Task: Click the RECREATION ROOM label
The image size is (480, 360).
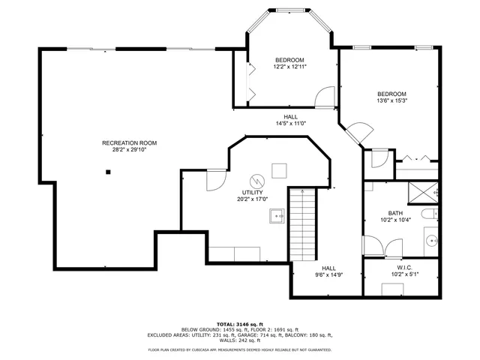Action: (130, 142)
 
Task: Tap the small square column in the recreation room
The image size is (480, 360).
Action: (109, 172)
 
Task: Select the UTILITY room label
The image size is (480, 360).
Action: (252, 193)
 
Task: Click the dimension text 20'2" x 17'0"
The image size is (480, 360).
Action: (252, 199)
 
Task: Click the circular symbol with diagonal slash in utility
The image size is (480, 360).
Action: (256, 181)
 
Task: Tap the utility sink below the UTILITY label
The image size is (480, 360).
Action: (276, 217)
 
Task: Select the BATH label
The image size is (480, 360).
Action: (395, 213)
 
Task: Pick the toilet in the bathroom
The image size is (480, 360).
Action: (430, 215)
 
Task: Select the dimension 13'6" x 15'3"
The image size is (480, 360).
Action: (391, 100)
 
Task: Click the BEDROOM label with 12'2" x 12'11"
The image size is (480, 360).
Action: (289, 60)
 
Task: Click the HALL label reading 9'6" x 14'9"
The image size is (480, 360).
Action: (328, 268)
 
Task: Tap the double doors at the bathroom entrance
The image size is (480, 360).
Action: (383, 246)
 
